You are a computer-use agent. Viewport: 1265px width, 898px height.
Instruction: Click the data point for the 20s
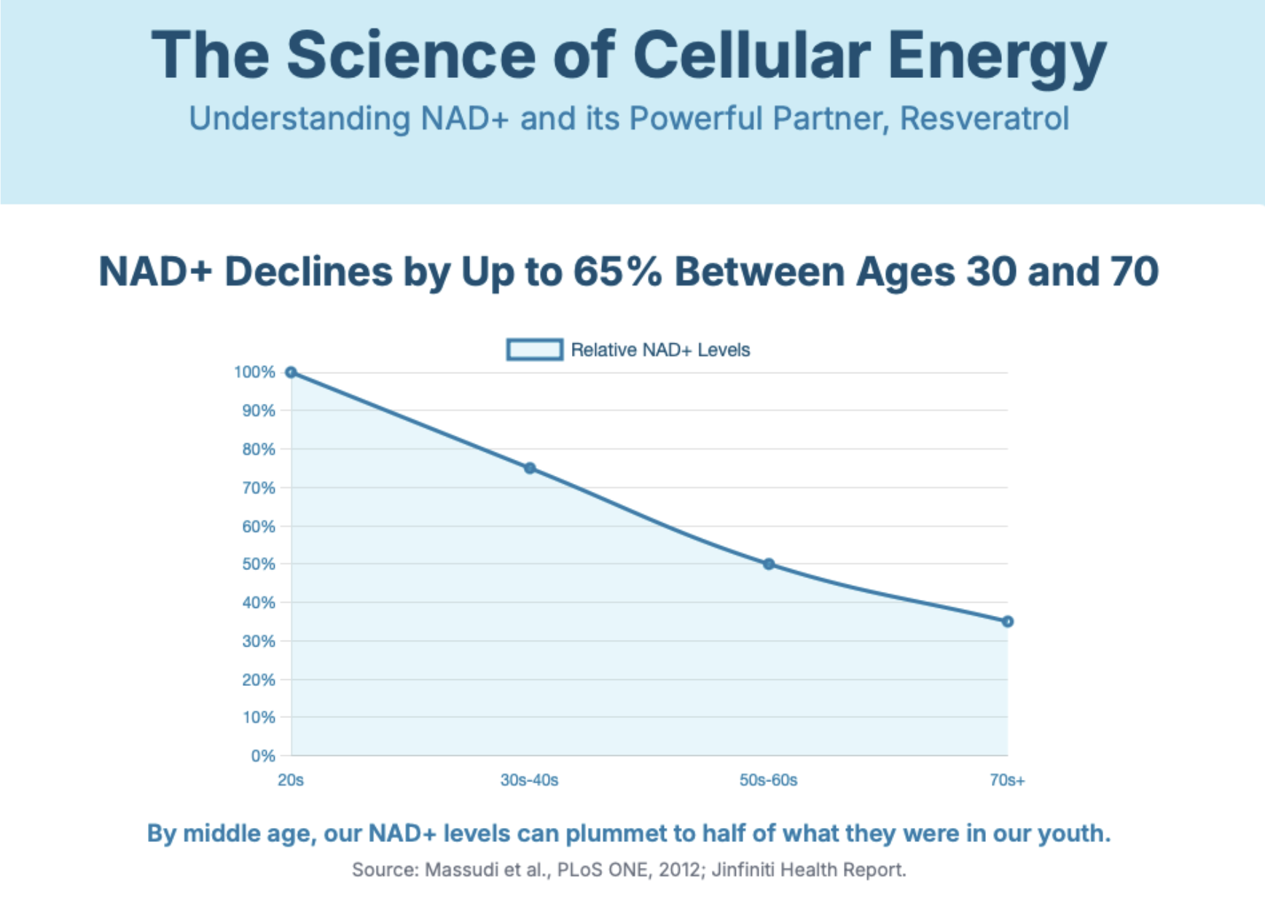(x=291, y=372)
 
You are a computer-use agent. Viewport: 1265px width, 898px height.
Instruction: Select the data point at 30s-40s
(x=530, y=468)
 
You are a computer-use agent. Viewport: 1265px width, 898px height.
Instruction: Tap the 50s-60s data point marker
(x=769, y=564)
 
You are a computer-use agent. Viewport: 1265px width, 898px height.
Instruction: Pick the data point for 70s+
(x=1008, y=622)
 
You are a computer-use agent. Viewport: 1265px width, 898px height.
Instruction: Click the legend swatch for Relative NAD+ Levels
(x=534, y=350)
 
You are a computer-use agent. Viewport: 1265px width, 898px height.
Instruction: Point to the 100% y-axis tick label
(x=254, y=372)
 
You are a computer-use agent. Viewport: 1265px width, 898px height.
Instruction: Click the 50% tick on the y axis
(x=259, y=564)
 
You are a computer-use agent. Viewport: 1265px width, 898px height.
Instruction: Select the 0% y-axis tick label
(x=263, y=756)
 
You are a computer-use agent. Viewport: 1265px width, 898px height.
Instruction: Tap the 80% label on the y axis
(x=259, y=449)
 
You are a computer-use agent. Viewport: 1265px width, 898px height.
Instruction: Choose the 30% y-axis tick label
(x=259, y=641)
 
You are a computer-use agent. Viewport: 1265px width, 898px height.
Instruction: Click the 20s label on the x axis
(x=291, y=780)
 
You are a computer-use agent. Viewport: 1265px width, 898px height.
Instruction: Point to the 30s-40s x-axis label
(x=529, y=780)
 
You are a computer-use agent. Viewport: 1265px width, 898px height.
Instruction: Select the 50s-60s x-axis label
(x=768, y=780)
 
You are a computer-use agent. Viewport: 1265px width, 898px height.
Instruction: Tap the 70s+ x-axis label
(x=1007, y=780)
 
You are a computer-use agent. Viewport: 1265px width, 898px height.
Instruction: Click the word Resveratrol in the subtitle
(x=984, y=119)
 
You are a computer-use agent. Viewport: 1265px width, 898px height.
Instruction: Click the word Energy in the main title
(x=997, y=57)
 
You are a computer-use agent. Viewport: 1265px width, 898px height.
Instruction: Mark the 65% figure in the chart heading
(x=617, y=272)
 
